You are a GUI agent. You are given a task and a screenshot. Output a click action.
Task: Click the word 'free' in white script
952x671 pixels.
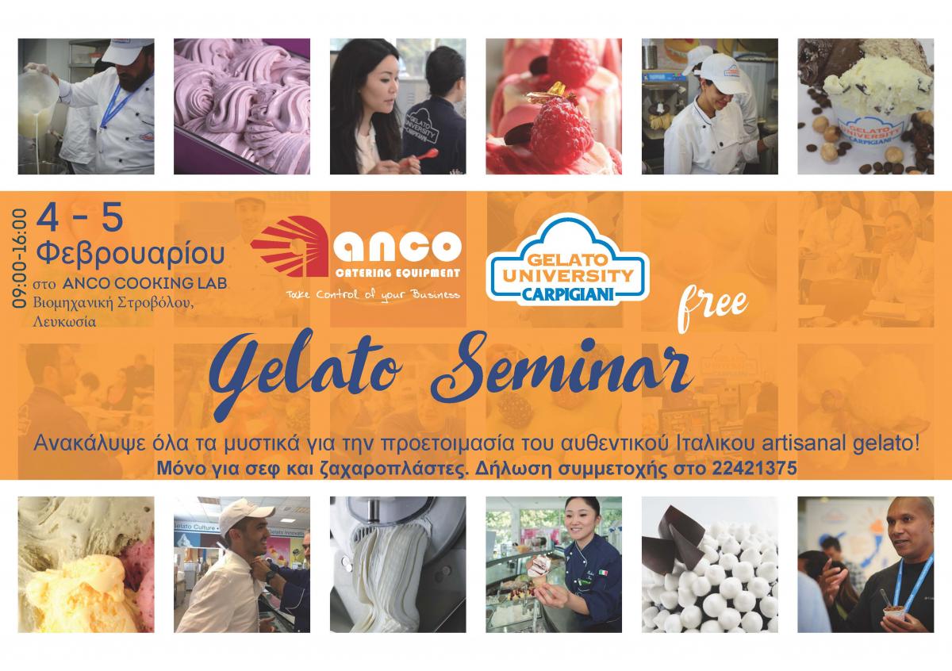712,307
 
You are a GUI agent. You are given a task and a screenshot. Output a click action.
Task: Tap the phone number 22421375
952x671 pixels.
754,468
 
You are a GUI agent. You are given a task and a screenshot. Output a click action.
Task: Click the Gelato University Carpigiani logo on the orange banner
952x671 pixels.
567,261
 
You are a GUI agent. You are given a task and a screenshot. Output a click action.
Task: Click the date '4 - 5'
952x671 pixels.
80,217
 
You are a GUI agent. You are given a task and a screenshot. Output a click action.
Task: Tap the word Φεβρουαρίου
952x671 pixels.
130,254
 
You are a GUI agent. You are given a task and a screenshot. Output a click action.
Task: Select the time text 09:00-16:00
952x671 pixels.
19,259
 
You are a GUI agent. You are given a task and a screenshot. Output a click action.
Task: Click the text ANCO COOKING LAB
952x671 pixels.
144,283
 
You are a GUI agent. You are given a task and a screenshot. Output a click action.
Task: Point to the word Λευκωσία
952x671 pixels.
64,322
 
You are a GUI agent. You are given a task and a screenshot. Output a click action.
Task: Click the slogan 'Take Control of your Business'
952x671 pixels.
373,294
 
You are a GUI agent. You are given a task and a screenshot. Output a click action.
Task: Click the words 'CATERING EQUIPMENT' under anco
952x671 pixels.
397,274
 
